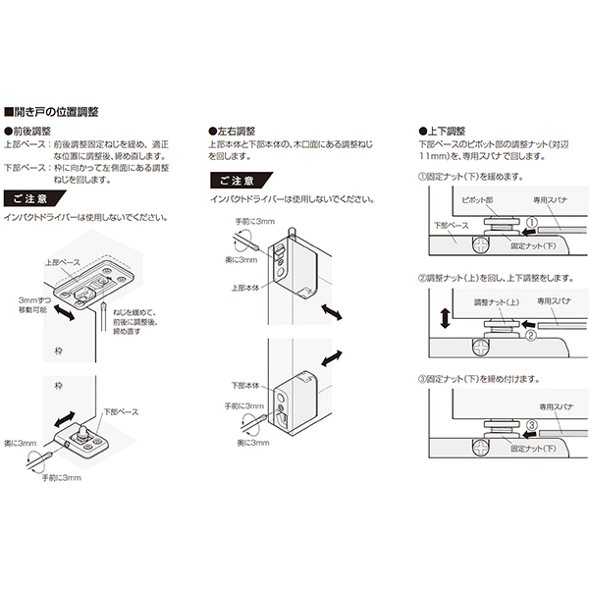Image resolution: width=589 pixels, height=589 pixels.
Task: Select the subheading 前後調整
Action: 29,131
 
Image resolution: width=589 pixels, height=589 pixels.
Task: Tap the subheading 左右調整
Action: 235,131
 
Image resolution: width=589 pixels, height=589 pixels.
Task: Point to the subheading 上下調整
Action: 447,131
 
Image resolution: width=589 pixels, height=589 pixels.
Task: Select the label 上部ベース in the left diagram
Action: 63,263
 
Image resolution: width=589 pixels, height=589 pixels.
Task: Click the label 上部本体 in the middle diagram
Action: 246,288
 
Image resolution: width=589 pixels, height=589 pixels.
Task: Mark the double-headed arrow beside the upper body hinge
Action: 332,311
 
